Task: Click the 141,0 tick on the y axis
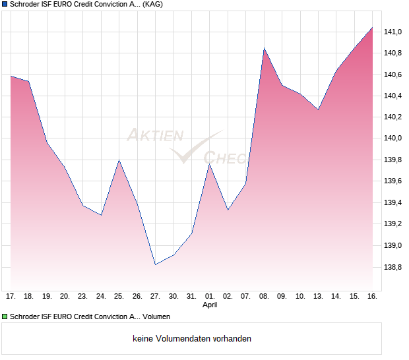coord(394,32)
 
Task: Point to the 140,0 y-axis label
coord(394,138)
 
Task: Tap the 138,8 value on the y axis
coord(394,267)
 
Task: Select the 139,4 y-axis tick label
coord(394,202)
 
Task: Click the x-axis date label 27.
coord(155,296)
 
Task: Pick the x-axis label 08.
coord(264,296)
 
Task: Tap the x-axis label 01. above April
coord(209,296)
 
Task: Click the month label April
coord(209,305)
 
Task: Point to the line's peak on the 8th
coord(264,48)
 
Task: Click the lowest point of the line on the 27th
coord(155,264)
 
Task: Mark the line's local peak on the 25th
coord(119,160)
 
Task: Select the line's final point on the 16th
coord(372,28)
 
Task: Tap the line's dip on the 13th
coord(318,109)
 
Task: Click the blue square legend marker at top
coord(5,4)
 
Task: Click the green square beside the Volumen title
coord(5,316)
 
